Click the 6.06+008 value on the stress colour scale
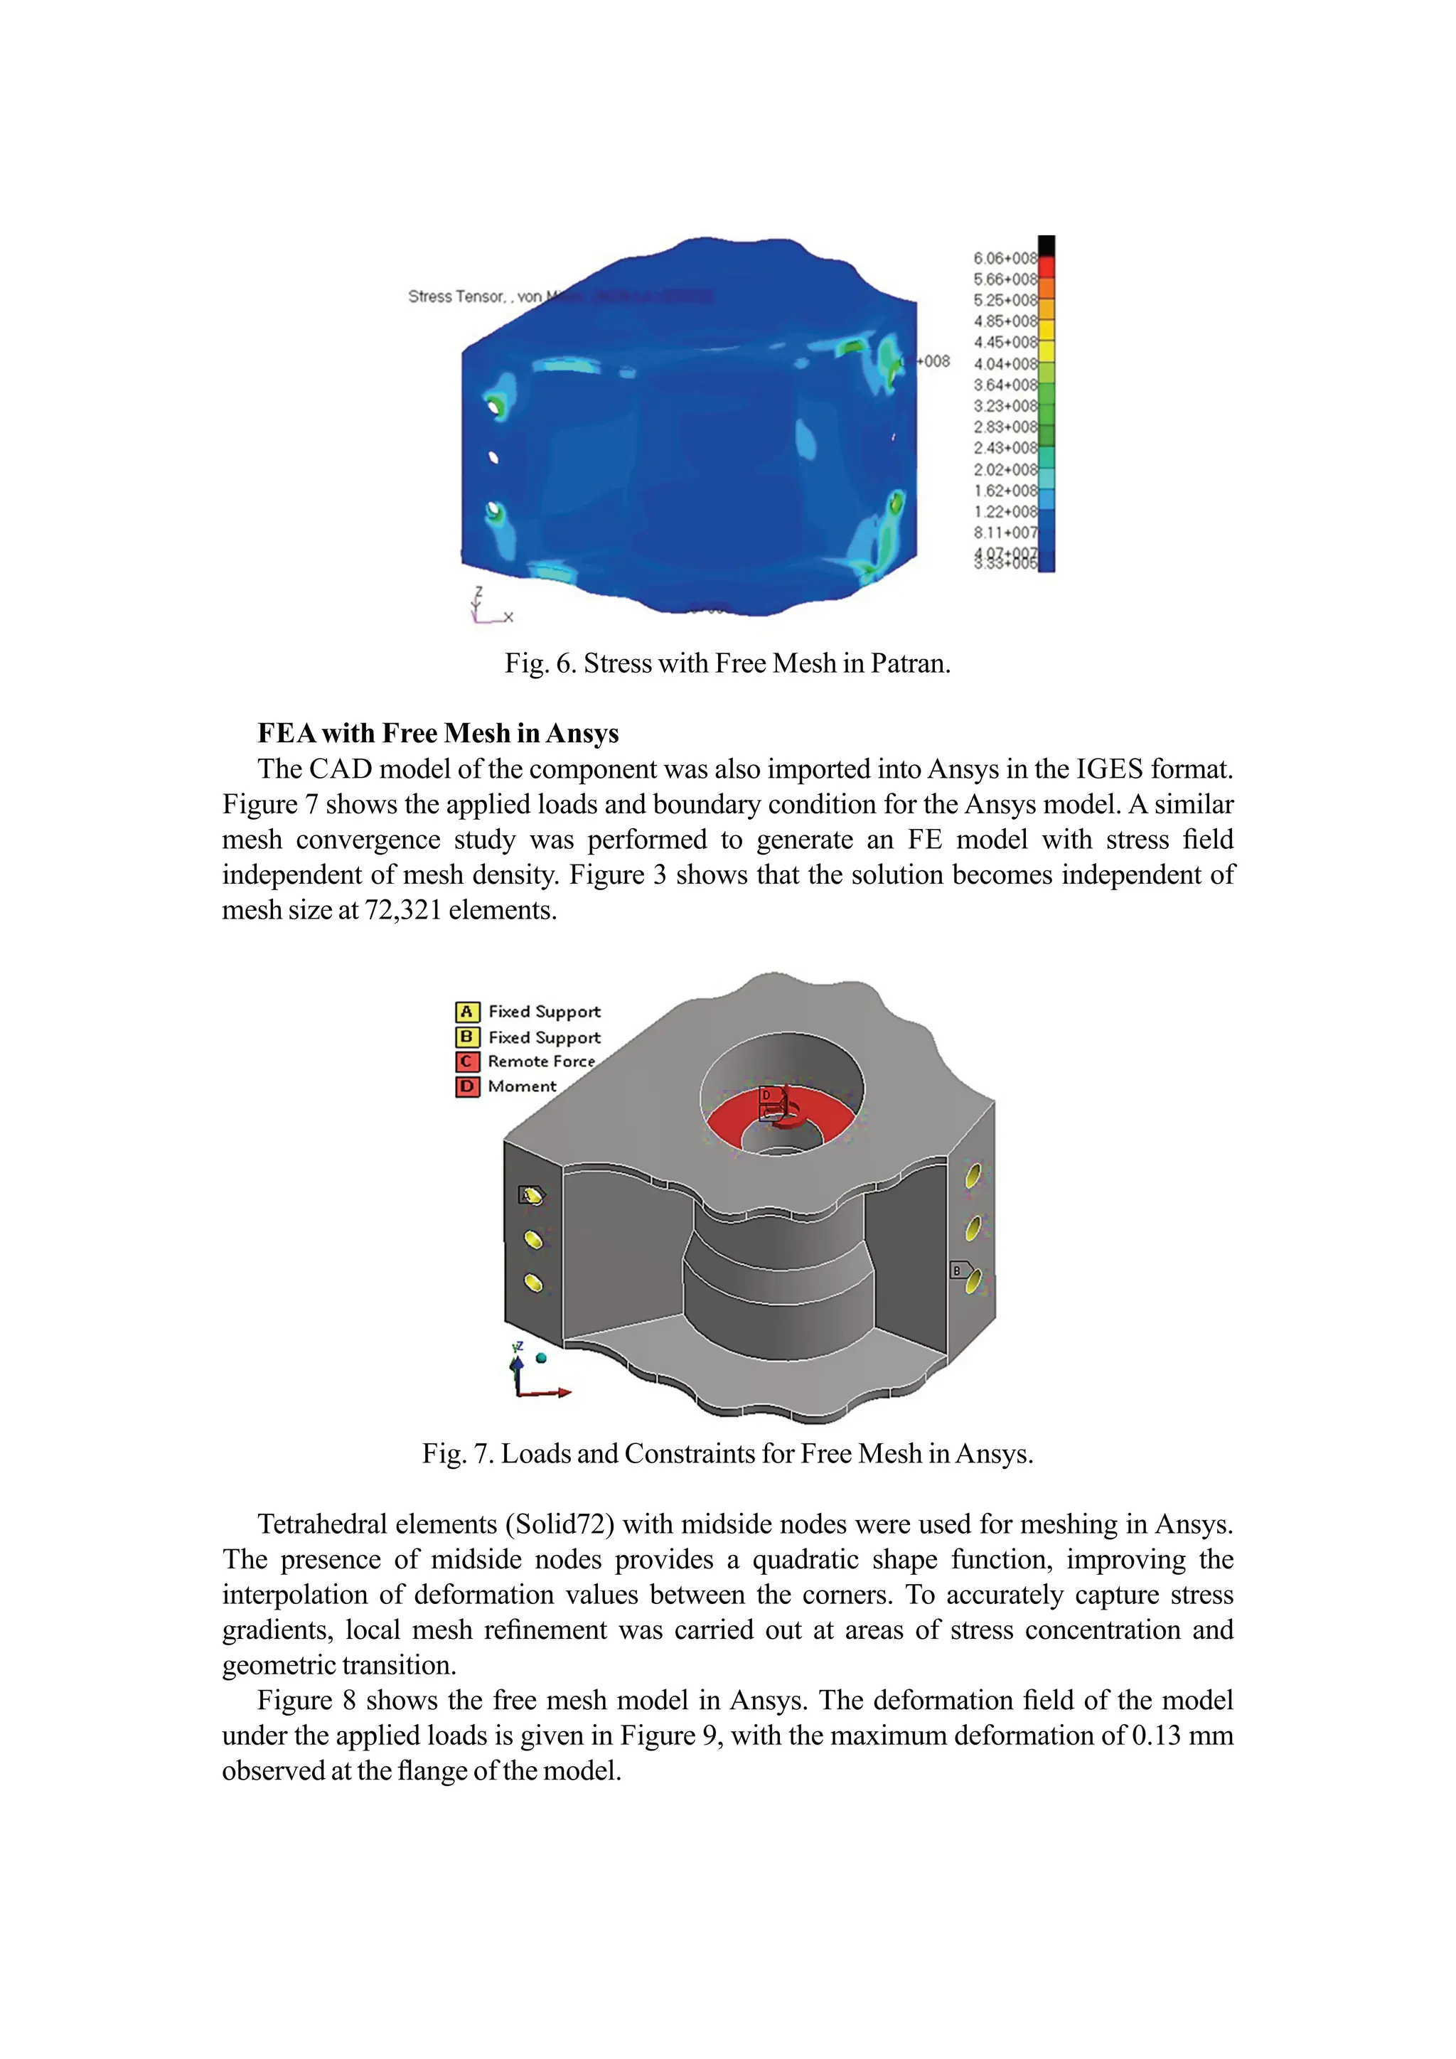[1004, 258]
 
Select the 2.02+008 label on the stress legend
[1004, 470]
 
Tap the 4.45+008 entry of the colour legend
[1004, 343]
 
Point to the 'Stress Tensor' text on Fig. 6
[456, 296]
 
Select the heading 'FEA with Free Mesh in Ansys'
[437, 734]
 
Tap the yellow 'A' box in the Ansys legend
[467, 1012]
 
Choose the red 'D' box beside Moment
[467, 1087]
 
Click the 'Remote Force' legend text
[540, 1061]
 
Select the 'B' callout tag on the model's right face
[958, 1271]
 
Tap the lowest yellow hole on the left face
[532, 1283]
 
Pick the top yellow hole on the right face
[973, 1175]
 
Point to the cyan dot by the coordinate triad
[540, 1359]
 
